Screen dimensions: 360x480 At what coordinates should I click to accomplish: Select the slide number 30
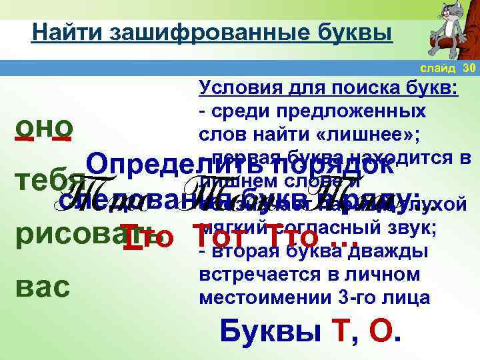[468, 68]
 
